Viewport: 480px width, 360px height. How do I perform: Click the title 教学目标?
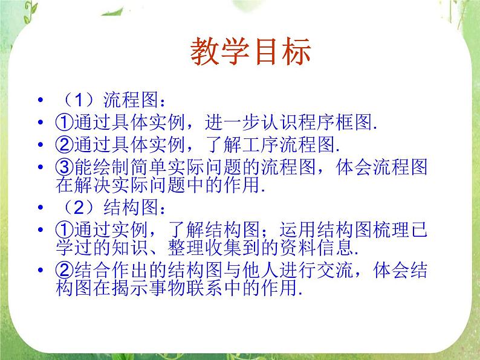pos(250,53)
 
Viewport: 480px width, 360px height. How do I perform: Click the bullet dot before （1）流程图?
pos(41,100)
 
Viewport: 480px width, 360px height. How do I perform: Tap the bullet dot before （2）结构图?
pos(41,209)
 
